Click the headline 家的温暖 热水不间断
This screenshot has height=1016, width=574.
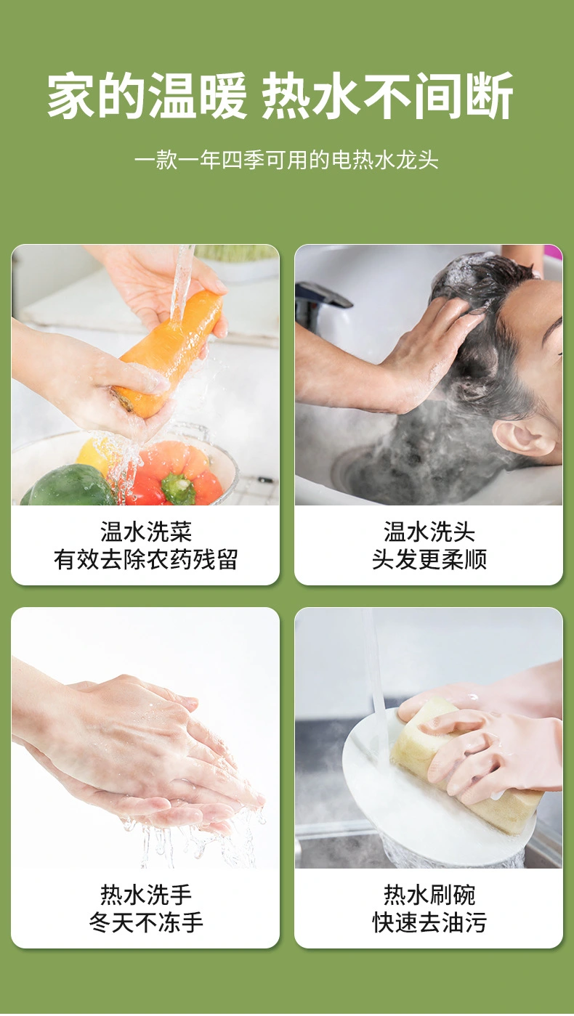click(x=280, y=96)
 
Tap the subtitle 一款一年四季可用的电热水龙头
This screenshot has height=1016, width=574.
click(x=286, y=160)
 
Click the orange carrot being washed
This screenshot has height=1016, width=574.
click(x=169, y=354)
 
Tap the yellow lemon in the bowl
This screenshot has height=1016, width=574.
click(x=95, y=454)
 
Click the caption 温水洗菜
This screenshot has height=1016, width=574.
click(x=146, y=532)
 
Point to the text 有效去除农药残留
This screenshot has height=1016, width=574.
click(x=145, y=559)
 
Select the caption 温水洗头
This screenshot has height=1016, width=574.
click(x=429, y=532)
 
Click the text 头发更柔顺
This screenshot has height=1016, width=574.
click(x=429, y=559)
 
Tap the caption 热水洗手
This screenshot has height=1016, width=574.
click(x=146, y=895)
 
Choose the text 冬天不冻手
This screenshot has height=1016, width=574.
click(x=146, y=922)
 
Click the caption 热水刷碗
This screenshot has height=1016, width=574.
click(x=429, y=895)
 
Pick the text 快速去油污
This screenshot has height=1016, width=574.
click(x=429, y=922)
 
